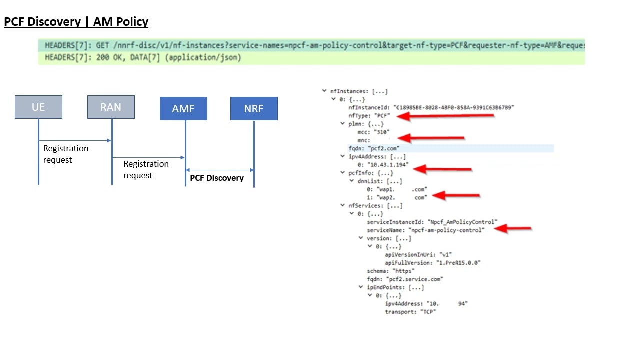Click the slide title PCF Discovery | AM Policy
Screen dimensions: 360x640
[x=76, y=22]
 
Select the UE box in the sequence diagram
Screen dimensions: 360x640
[x=38, y=107]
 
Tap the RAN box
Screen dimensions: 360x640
[x=111, y=107]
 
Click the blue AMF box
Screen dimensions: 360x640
[x=183, y=109]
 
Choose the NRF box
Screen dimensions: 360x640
[x=254, y=109]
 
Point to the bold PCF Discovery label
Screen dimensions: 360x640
[x=217, y=178]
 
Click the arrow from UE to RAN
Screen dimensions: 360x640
[x=75, y=141]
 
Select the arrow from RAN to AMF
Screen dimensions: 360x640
[x=148, y=157]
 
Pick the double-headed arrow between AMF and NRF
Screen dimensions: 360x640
[x=219, y=170]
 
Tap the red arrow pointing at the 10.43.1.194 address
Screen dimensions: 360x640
[x=442, y=169]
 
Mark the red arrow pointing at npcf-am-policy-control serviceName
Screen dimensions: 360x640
[x=512, y=229]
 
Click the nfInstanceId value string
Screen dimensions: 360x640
[x=453, y=107]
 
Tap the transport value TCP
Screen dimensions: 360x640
[x=428, y=312]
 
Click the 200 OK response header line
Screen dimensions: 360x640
[x=143, y=58]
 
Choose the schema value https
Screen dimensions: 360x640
[x=403, y=271]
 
